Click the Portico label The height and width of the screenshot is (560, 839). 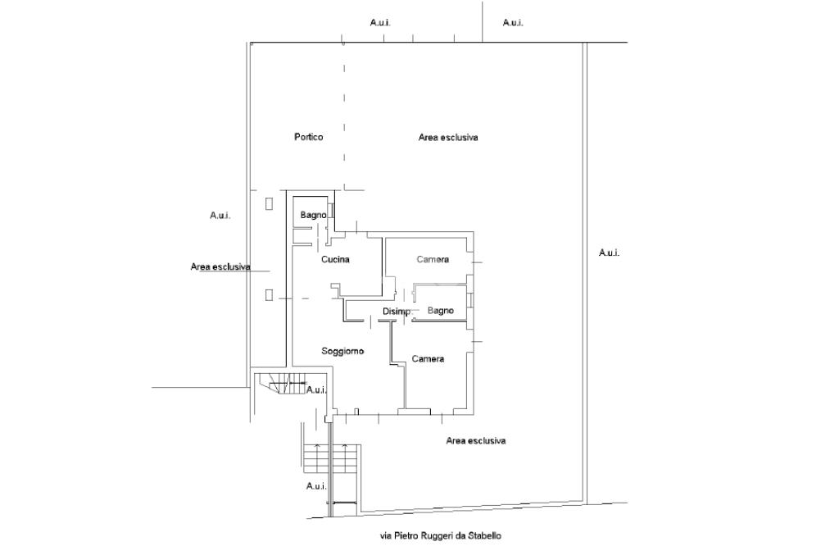click(x=308, y=137)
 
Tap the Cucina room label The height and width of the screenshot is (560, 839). click(x=335, y=260)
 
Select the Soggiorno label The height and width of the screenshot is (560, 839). click(x=342, y=351)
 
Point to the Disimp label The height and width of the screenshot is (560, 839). click(x=396, y=312)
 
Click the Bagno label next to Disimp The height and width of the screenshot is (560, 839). click(x=441, y=311)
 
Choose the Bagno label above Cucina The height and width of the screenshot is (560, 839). click(x=313, y=215)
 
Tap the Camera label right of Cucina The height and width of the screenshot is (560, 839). click(x=433, y=260)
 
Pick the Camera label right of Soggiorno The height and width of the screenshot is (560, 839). click(x=428, y=359)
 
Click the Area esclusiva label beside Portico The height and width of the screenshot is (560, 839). click(x=448, y=138)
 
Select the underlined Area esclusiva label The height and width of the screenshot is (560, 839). click(x=220, y=267)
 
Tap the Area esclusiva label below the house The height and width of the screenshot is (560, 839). click(x=475, y=441)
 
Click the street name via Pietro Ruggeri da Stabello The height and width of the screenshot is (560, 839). click(x=440, y=536)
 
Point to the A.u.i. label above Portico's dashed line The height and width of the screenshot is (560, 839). click(x=380, y=22)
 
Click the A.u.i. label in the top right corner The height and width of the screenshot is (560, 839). click(x=513, y=22)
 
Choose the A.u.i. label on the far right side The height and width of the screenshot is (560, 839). click(x=609, y=253)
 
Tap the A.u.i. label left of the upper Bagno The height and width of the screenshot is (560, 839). click(x=220, y=216)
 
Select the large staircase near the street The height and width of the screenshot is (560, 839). click(x=331, y=458)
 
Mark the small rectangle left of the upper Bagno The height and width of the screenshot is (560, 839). click(x=269, y=203)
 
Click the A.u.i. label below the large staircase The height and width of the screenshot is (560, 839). click(x=317, y=486)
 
